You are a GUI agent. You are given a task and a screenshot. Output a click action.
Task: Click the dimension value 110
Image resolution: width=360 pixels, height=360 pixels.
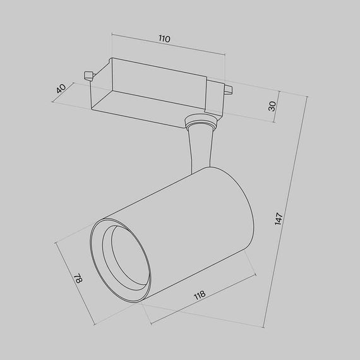pyautogui.click(x=164, y=39)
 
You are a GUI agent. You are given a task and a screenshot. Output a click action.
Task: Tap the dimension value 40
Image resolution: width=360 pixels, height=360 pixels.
pyautogui.click(x=61, y=89)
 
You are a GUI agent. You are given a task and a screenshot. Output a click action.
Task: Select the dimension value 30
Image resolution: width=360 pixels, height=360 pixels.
pyautogui.click(x=273, y=105)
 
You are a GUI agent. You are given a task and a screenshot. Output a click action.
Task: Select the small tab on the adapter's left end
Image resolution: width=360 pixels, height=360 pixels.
pyautogui.click(x=88, y=75)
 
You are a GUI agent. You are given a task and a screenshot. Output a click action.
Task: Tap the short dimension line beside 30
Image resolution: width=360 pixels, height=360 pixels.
pyautogui.click(x=280, y=106)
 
